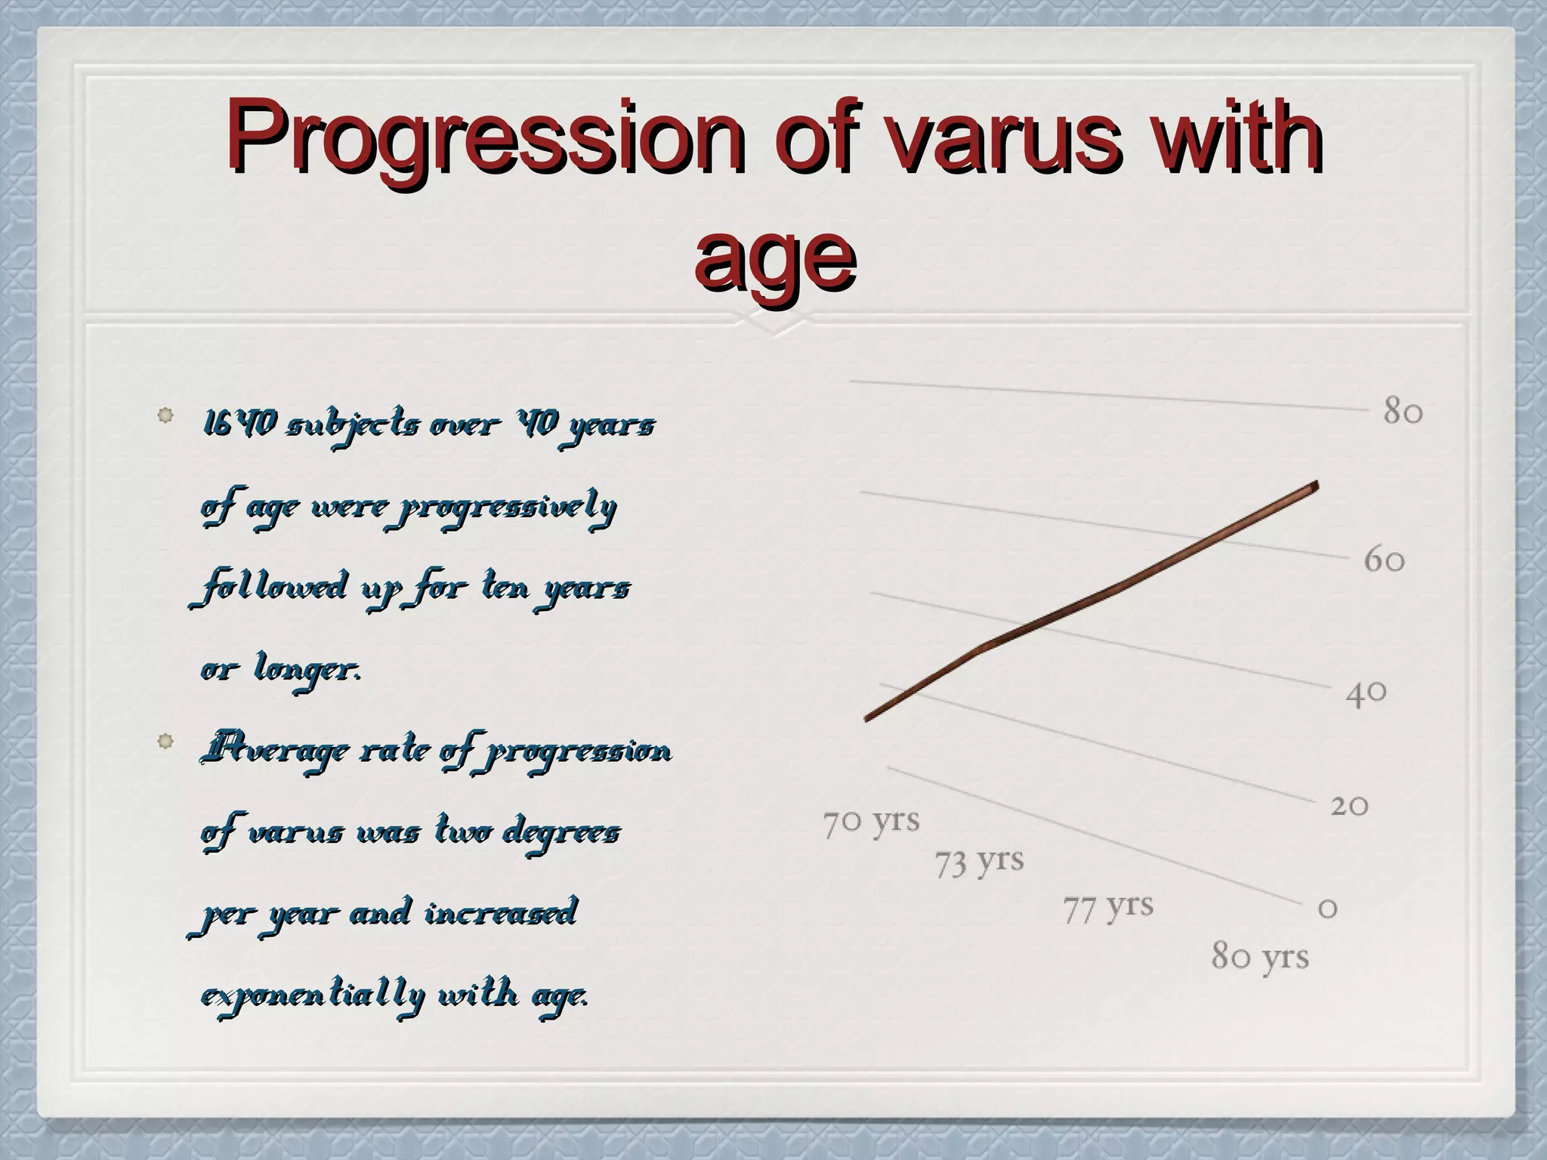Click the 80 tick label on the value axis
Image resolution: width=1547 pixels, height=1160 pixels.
pyautogui.click(x=1403, y=412)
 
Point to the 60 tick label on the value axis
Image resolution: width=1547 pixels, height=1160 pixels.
pyautogui.click(x=1384, y=560)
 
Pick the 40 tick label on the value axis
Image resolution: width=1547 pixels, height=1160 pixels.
pyautogui.click(x=1366, y=693)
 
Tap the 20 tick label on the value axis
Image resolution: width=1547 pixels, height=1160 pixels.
pyautogui.click(x=1349, y=806)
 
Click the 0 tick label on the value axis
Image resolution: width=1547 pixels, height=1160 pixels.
pyautogui.click(x=1327, y=908)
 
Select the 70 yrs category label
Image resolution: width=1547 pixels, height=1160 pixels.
pyautogui.click(x=871, y=822)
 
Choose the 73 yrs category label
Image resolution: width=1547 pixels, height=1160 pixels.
pyautogui.click(x=979, y=862)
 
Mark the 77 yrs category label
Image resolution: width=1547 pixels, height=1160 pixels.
pyautogui.click(x=1108, y=907)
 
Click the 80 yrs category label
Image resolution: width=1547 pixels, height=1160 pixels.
pyautogui.click(x=1260, y=956)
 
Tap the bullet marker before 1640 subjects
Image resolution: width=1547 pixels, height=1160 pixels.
pyautogui.click(x=165, y=415)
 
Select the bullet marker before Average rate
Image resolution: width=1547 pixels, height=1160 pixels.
pyautogui.click(x=165, y=742)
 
